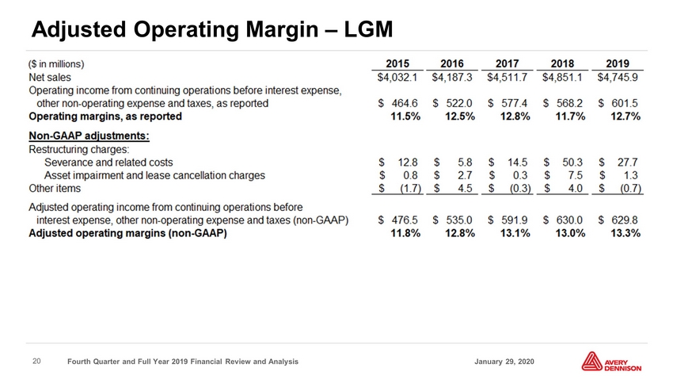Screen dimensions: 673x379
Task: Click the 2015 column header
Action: (397, 63)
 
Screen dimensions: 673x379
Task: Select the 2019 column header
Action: (618, 63)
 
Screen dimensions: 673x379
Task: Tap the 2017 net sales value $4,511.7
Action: (508, 78)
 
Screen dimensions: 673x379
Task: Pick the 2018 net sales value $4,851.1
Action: (562, 78)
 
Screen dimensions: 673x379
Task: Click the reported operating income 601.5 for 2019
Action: (625, 104)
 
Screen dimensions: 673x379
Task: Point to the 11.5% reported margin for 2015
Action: (405, 117)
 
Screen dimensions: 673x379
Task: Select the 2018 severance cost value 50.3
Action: (572, 163)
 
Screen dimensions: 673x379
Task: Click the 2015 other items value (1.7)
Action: (410, 189)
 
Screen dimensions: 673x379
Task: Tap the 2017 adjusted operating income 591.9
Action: (515, 220)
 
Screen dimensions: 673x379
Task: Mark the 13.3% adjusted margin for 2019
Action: (625, 233)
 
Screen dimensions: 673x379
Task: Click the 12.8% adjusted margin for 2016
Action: (460, 233)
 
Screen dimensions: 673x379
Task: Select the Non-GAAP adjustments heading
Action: (89, 136)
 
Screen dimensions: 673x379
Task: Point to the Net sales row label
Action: (50, 78)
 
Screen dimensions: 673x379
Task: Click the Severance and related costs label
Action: (108, 163)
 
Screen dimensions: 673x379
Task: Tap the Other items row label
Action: (55, 189)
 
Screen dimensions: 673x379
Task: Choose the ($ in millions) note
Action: (56, 64)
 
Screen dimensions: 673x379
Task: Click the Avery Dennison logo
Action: (611, 362)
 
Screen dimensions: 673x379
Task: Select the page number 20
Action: (37, 362)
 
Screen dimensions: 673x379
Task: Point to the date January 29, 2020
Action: (504, 362)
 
